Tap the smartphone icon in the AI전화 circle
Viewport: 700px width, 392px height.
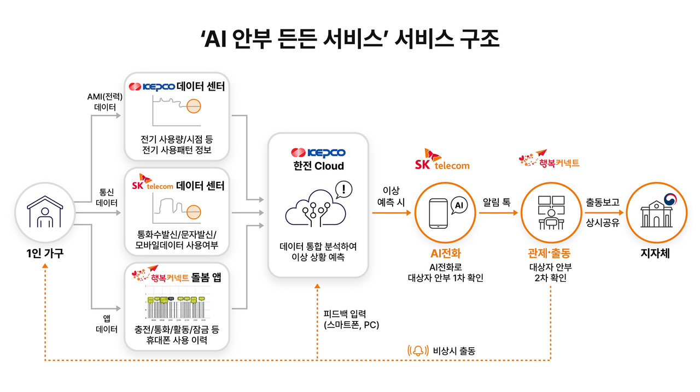[x=440, y=213]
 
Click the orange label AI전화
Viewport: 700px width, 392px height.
[x=446, y=254]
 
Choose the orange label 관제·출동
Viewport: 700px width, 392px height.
[x=550, y=254]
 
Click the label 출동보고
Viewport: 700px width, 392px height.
[x=602, y=203]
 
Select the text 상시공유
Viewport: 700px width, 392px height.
[x=602, y=223]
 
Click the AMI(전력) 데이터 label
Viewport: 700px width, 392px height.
[x=105, y=102]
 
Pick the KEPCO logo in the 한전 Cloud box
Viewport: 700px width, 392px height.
[x=318, y=153]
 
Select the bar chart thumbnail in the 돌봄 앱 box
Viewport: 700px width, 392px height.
[x=176, y=306]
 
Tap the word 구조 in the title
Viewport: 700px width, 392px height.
[x=479, y=39]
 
